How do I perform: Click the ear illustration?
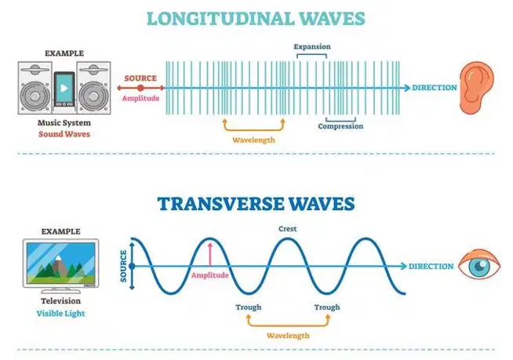click(476, 88)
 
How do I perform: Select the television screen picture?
click(61, 264)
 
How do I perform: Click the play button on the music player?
click(64, 88)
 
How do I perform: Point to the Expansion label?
click(312, 46)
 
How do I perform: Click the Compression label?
click(340, 126)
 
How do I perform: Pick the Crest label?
click(288, 229)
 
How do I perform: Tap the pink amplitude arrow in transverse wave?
click(209, 254)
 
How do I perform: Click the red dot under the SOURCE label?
click(140, 88)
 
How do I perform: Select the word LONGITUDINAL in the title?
click(220, 18)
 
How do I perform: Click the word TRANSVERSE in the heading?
click(221, 204)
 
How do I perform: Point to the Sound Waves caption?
click(64, 134)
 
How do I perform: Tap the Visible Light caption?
click(61, 314)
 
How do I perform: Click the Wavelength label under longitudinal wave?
click(253, 140)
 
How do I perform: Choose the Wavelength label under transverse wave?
click(288, 336)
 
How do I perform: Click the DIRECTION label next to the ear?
click(434, 88)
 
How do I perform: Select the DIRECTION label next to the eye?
click(431, 267)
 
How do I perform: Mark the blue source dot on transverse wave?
click(132, 267)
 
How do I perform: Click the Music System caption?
click(64, 122)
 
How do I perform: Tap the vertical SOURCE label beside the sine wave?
click(123, 266)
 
